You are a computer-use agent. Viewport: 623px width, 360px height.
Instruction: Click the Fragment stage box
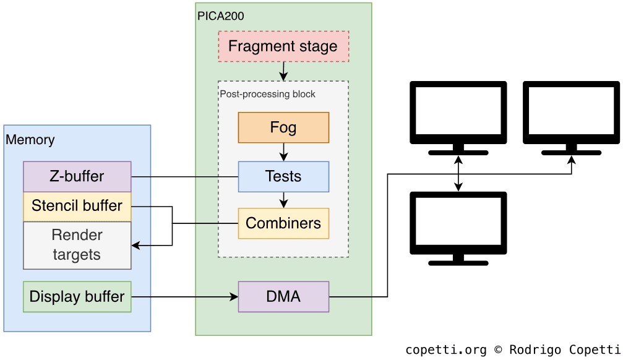click(x=283, y=46)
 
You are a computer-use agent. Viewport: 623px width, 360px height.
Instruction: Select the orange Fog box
click(x=283, y=127)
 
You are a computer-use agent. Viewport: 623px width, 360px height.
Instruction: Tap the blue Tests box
click(x=283, y=176)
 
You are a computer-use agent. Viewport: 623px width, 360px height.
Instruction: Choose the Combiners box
click(x=283, y=223)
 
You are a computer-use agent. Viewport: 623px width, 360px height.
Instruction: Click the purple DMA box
click(x=283, y=296)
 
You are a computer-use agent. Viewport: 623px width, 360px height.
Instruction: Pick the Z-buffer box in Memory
click(x=77, y=176)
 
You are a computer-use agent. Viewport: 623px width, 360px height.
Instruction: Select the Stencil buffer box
click(x=77, y=206)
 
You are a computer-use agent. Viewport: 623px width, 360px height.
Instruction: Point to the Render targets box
click(x=77, y=245)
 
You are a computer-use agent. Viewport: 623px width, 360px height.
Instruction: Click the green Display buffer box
click(x=77, y=296)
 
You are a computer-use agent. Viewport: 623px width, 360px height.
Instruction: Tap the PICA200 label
click(x=220, y=16)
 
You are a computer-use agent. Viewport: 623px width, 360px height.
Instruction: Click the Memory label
click(x=30, y=140)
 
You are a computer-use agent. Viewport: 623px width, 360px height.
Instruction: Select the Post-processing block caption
click(x=268, y=94)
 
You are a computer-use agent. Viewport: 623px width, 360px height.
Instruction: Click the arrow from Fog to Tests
click(x=283, y=152)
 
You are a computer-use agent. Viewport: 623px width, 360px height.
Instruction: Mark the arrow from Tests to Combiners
click(x=283, y=200)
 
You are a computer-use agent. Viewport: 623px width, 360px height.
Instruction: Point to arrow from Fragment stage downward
click(x=283, y=71)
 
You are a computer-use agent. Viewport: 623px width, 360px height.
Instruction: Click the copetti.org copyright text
click(x=513, y=350)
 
